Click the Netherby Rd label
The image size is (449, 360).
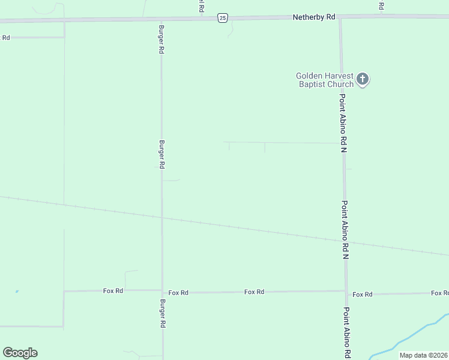(313, 17)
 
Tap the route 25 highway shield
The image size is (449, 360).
(223, 18)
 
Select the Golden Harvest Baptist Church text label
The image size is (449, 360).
(324, 80)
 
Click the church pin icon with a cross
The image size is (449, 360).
(362, 79)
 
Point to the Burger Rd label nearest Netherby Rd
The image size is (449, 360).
(161, 40)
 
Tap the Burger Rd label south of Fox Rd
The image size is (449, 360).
(163, 313)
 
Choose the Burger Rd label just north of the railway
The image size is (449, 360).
(161, 155)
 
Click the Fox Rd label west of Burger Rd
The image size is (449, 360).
(113, 290)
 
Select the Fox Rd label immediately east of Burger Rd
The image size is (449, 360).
(178, 293)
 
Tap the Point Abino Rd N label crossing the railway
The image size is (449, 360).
(346, 229)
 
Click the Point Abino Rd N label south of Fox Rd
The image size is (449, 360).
(347, 334)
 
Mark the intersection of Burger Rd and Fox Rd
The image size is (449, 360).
(162, 292)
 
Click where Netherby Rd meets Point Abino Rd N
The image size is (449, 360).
(340, 18)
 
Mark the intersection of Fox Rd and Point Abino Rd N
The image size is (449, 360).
(346, 293)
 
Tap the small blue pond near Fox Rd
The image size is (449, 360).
(17, 292)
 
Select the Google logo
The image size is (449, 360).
(20, 353)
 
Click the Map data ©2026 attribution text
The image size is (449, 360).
(423, 355)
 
